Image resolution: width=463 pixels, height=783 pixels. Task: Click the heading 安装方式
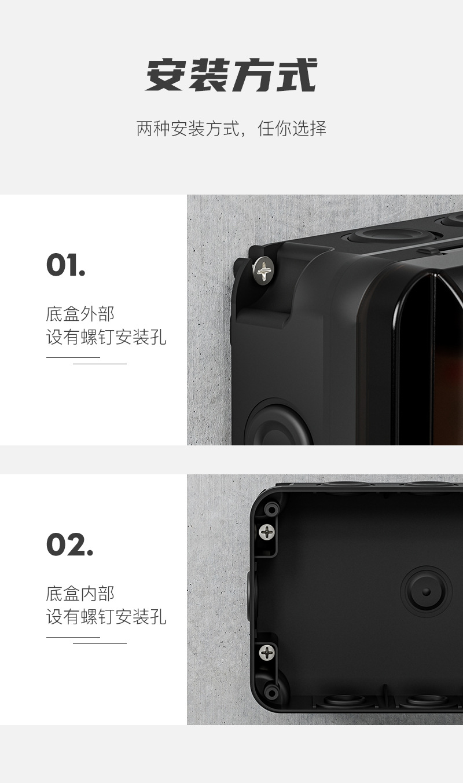click(231, 76)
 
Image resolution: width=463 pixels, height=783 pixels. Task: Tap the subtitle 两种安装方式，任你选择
click(231, 128)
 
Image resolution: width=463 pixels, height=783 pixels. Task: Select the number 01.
click(65, 266)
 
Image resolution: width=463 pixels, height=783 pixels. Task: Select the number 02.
click(69, 545)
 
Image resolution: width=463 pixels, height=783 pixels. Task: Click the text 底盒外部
click(80, 314)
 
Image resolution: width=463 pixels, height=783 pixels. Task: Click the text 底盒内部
click(80, 593)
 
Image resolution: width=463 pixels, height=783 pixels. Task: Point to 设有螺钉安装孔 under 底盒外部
click(106, 337)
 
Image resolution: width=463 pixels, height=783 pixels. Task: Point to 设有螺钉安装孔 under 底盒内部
click(106, 617)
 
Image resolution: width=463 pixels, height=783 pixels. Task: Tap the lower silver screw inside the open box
click(267, 653)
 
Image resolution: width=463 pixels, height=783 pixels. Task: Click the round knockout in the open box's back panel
click(426, 592)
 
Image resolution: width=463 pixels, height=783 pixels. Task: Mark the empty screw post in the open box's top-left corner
click(270, 510)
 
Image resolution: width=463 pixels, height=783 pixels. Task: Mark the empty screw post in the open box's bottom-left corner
click(270, 691)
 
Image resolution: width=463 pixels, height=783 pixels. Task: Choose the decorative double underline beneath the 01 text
click(86, 361)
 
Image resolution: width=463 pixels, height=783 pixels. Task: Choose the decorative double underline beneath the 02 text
click(86, 640)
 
